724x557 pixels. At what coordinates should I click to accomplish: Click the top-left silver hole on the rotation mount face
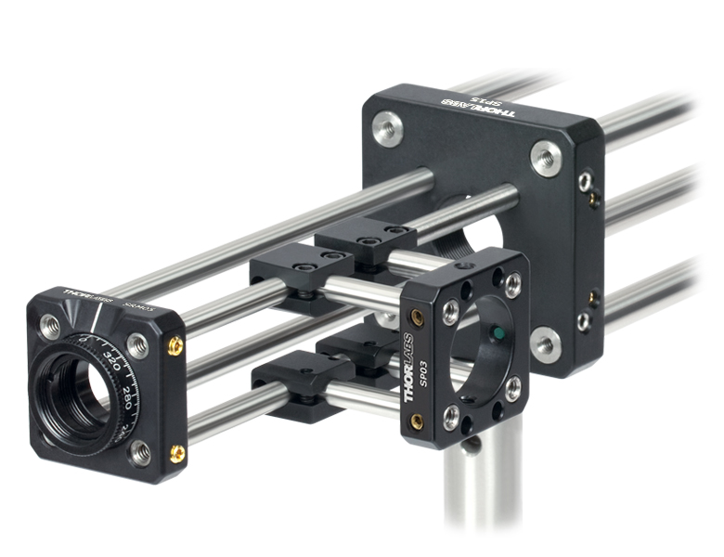click(51, 325)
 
